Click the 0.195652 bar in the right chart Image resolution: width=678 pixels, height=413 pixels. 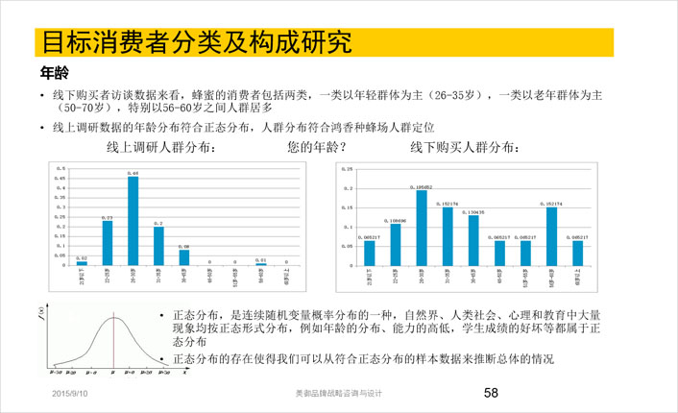click(422, 228)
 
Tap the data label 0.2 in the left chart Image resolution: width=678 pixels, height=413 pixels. click(158, 223)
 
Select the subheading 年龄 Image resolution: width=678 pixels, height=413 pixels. click(53, 72)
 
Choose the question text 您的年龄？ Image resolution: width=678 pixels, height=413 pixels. click(317, 148)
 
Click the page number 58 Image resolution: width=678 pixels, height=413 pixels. click(491, 393)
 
